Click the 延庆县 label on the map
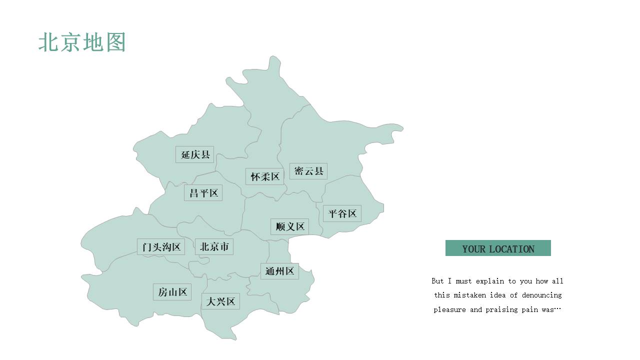pyautogui.click(x=194, y=154)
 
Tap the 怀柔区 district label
pyautogui.click(x=265, y=176)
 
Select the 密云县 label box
pyautogui.click(x=308, y=171)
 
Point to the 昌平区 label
pyautogui.click(x=203, y=193)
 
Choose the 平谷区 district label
pyautogui.click(x=342, y=213)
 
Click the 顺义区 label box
pyautogui.click(x=289, y=226)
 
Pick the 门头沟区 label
pyautogui.click(x=161, y=247)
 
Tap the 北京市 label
pyautogui.click(x=214, y=247)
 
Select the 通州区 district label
pyautogui.click(x=279, y=271)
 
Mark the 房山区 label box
pyautogui.click(x=172, y=292)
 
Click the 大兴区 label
pyautogui.click(x=220, y=301)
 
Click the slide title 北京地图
pyautogui.click(x=82, y=42)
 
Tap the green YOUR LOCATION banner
pyautogui.click(x=498, y=248)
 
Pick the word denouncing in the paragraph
pyautogui.click(x=541, y=295)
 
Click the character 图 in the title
pyautogui.click(x=116, y=42)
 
